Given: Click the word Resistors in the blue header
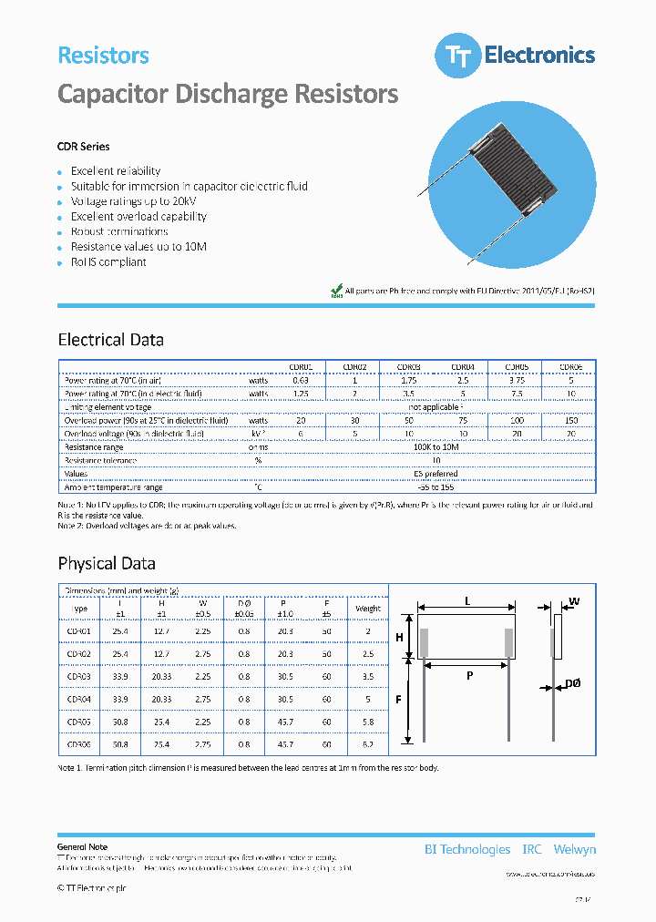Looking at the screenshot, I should click(103, 56).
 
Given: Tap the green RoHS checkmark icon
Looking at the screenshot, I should click(335, 291).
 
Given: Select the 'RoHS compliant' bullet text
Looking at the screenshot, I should click(108, 262).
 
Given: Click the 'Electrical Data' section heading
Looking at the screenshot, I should click(110, 340).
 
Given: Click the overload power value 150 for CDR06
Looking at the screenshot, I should click(570, 420).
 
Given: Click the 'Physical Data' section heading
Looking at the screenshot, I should click(107, 563).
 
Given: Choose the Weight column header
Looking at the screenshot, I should click(368, 609).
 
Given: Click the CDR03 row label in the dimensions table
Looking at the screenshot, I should click(79, 677).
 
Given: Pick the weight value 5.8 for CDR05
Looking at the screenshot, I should click(368, 722).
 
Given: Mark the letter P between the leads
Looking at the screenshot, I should click(470, 677).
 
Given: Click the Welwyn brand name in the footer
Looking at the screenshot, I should click(574, 849).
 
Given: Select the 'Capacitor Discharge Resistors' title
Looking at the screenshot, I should click(228, 94).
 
